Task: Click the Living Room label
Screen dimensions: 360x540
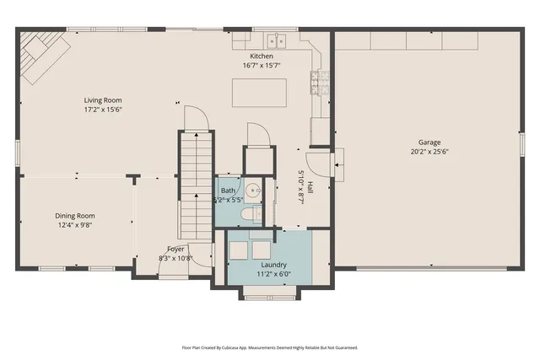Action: click(103, 99)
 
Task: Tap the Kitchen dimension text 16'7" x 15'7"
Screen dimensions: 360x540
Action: click(261, 65)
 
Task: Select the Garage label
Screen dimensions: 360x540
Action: click(429, 142)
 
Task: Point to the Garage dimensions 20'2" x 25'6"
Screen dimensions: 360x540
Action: click(429, 153)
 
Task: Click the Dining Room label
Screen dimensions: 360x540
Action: click(75, 216)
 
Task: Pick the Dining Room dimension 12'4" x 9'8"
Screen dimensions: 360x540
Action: click(75, 225)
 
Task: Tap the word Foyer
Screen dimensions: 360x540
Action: click(175, 249)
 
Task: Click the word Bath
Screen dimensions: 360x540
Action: click(228, 191)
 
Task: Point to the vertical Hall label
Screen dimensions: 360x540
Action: click(310, 188)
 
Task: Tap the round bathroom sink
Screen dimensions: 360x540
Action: click(256, 191)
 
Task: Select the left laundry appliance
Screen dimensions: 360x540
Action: click(239, 250)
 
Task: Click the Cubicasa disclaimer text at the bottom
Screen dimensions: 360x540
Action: click(270, 347)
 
